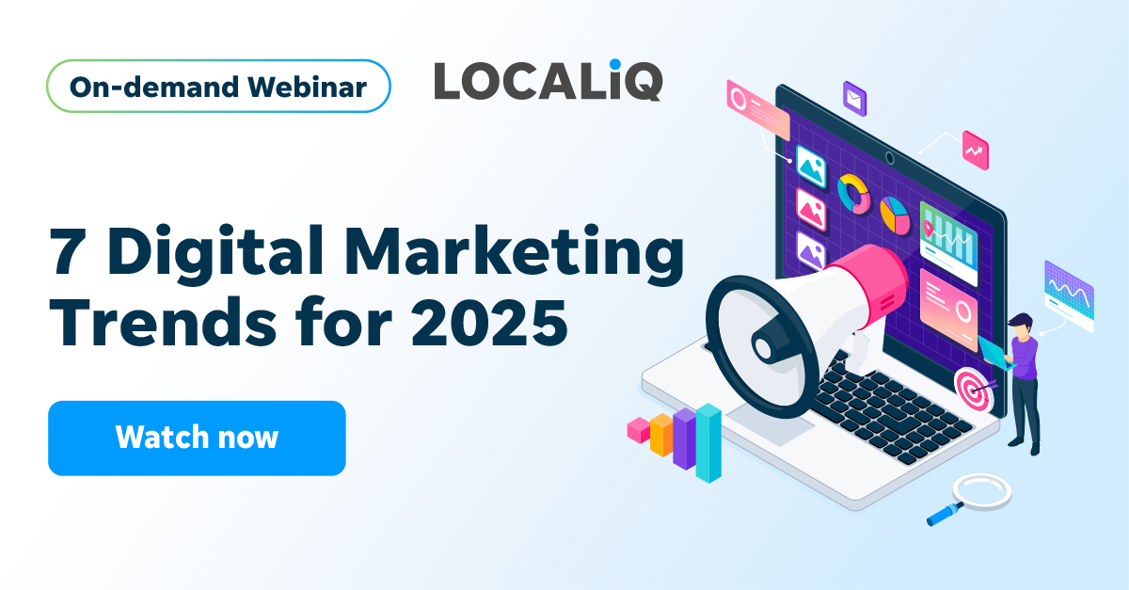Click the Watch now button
(197, 438)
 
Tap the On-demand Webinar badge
(218, 88)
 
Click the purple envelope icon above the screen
(854, 97)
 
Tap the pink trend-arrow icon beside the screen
(976, 150)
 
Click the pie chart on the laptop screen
(895, 215)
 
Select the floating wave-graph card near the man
(1069, 295)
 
